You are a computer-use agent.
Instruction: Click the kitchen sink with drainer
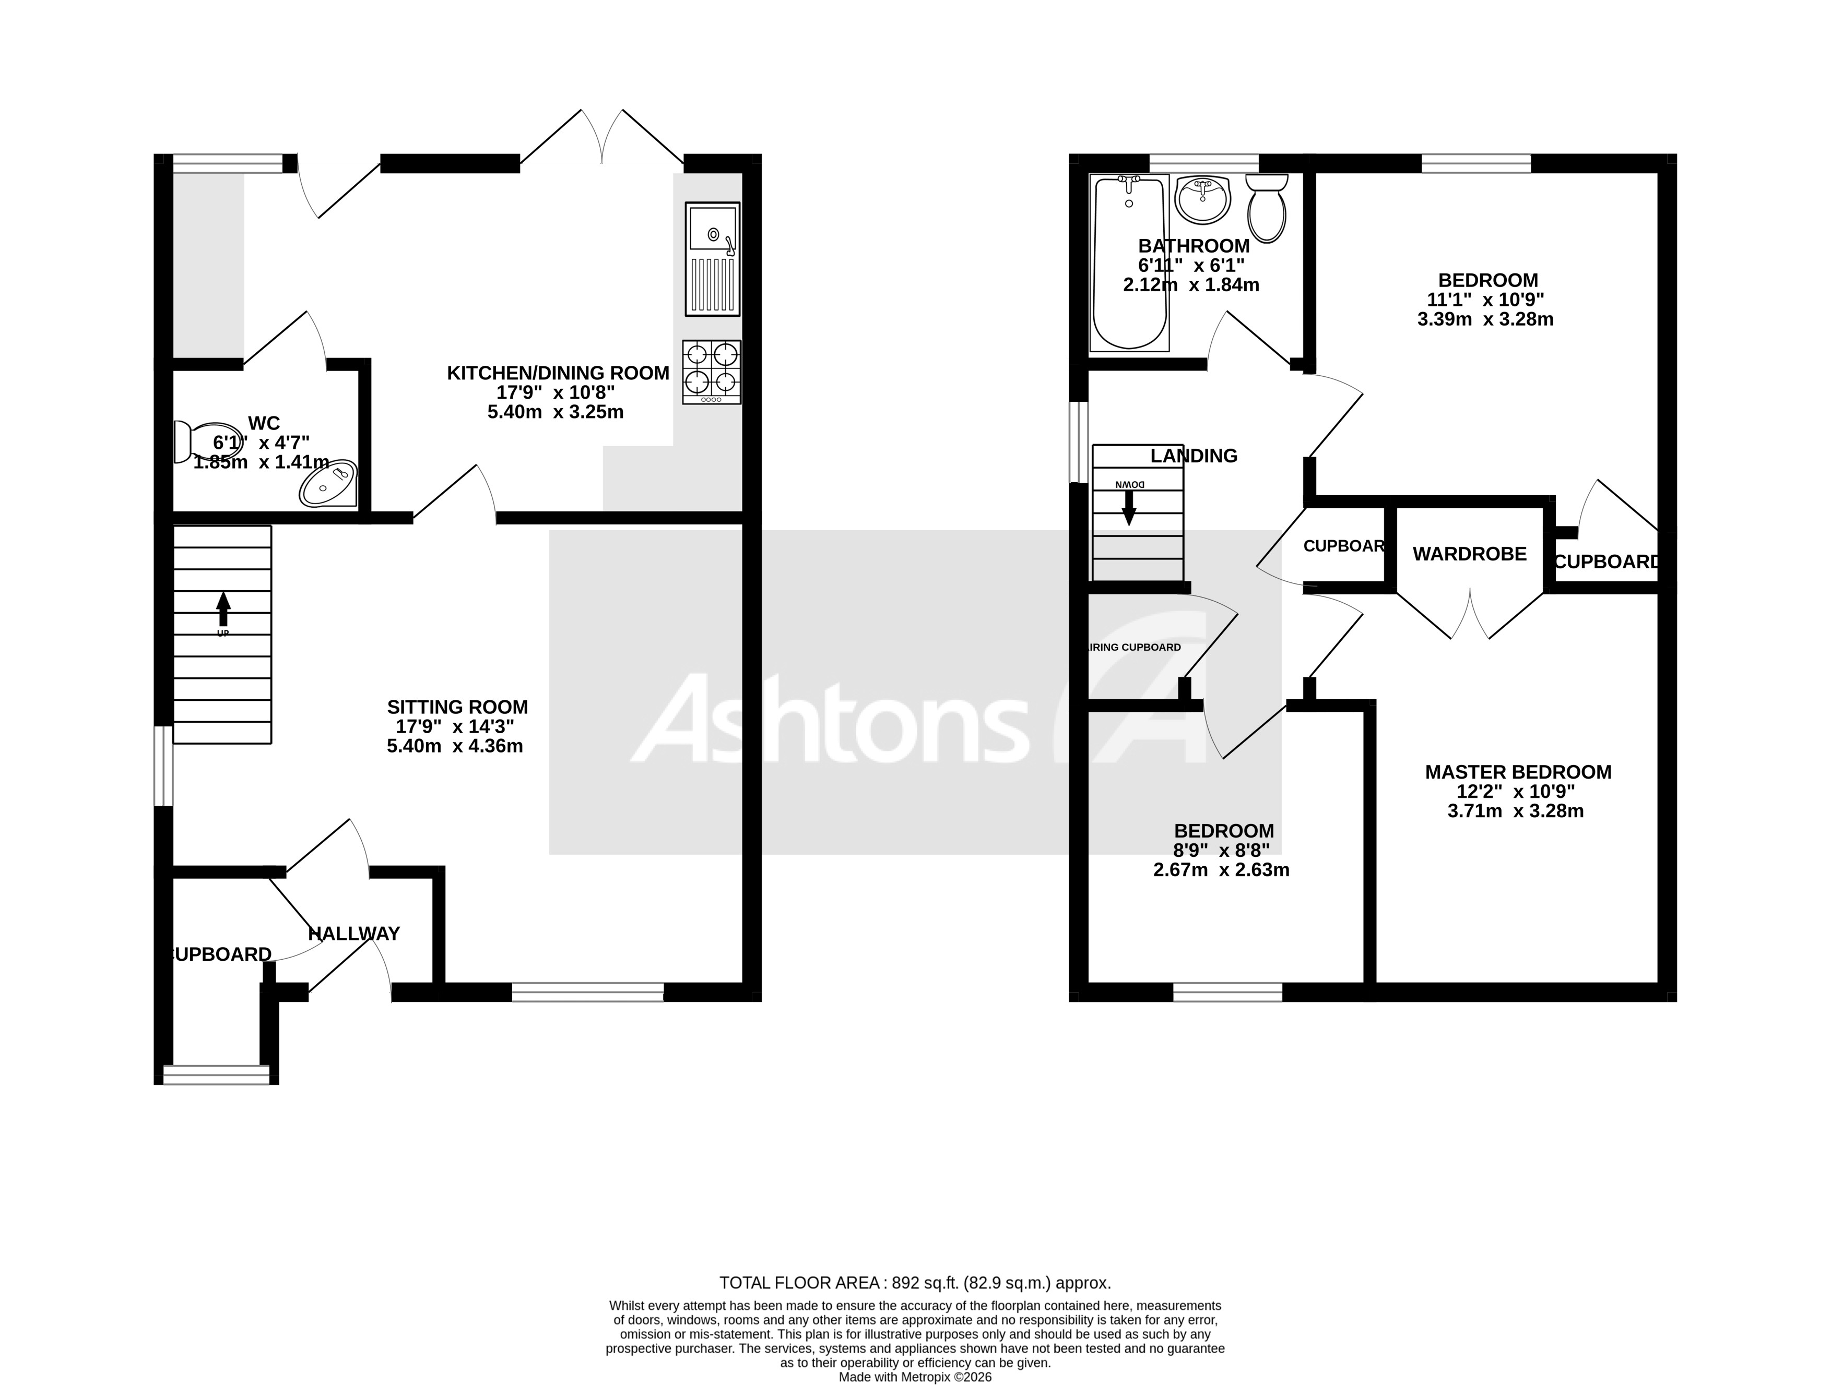coord(712,259)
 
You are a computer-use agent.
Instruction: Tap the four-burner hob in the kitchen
coord(712,372)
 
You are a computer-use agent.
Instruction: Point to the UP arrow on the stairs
coord(222,611)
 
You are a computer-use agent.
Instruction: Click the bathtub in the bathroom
coord(1130,262)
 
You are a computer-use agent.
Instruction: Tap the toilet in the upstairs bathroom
coord(1267,207)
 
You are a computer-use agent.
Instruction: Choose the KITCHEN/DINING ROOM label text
coord(558,373)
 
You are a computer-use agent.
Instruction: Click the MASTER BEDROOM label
coord(1518,772)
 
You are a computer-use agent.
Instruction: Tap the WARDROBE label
coord(1469,554)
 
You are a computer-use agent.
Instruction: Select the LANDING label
coord(1194,456)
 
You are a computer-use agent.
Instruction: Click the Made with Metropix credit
coord(915,1378)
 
